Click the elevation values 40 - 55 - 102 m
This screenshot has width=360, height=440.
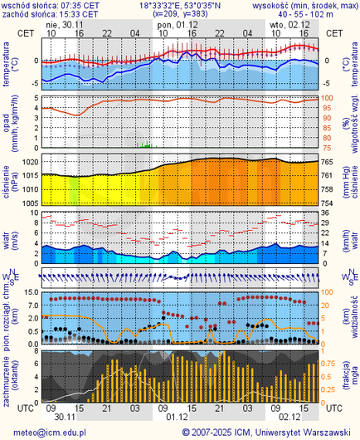[x=306, y=14]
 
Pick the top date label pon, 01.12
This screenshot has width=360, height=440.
[x=173, y=24]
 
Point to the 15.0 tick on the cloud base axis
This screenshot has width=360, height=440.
[x=29, y=293]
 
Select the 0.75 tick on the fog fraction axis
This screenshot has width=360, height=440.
[x=329, y=363]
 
